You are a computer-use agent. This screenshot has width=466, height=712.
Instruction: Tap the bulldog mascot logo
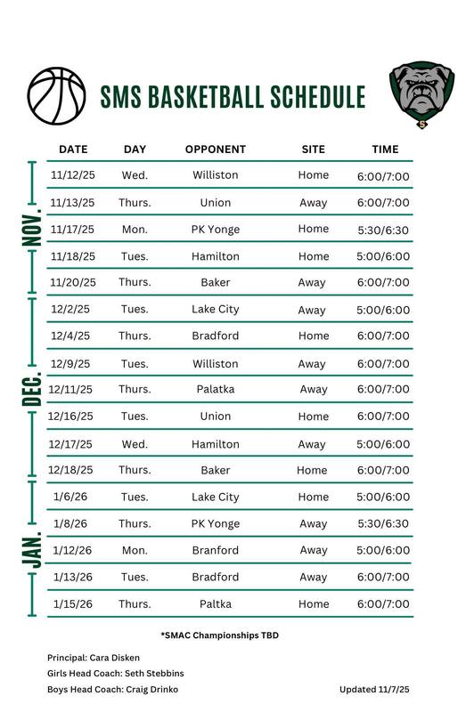(421, 95)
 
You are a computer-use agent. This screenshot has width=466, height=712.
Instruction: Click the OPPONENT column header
(215, 150)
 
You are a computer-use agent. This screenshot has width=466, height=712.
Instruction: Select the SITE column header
(313, 150)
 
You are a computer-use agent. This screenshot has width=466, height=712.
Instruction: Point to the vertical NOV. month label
(31, 229)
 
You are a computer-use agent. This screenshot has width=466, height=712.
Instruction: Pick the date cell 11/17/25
(73, 230)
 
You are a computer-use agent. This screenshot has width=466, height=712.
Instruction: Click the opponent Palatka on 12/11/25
(215, 390)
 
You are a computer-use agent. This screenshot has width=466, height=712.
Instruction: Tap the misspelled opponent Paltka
(215, 604)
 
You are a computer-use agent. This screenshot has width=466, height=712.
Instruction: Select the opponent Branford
(215, 551)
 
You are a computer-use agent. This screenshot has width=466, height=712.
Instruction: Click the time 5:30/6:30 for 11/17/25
(383, 230)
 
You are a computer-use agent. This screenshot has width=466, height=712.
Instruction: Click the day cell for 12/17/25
(135, 444)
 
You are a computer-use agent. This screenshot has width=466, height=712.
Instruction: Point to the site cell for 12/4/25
(313, 336)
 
